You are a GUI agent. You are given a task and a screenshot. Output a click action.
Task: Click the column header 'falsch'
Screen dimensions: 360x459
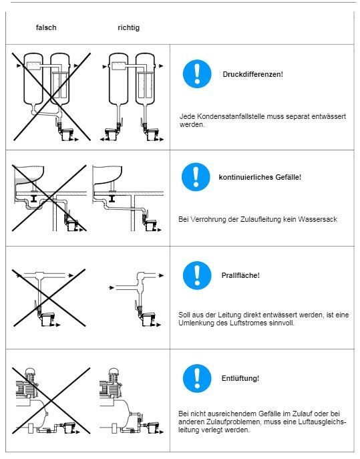46,27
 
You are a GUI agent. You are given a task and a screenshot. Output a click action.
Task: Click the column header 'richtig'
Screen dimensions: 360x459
128,28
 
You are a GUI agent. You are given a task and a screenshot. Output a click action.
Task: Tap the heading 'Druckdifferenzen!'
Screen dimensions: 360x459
253,74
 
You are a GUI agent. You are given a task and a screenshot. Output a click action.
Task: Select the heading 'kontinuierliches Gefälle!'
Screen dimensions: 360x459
260,177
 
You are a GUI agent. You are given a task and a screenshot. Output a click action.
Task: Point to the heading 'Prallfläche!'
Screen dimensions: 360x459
240,275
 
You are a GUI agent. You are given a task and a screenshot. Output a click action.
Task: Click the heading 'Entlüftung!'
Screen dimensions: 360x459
240,378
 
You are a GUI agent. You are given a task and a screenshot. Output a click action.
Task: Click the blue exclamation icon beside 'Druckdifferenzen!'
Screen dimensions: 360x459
197,74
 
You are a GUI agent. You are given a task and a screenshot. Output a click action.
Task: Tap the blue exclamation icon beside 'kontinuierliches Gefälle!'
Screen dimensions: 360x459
196,177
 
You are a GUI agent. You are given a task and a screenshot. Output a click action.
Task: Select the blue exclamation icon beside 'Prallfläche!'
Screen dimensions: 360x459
197,275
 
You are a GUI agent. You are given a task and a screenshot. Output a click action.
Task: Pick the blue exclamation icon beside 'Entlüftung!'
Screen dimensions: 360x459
197,378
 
